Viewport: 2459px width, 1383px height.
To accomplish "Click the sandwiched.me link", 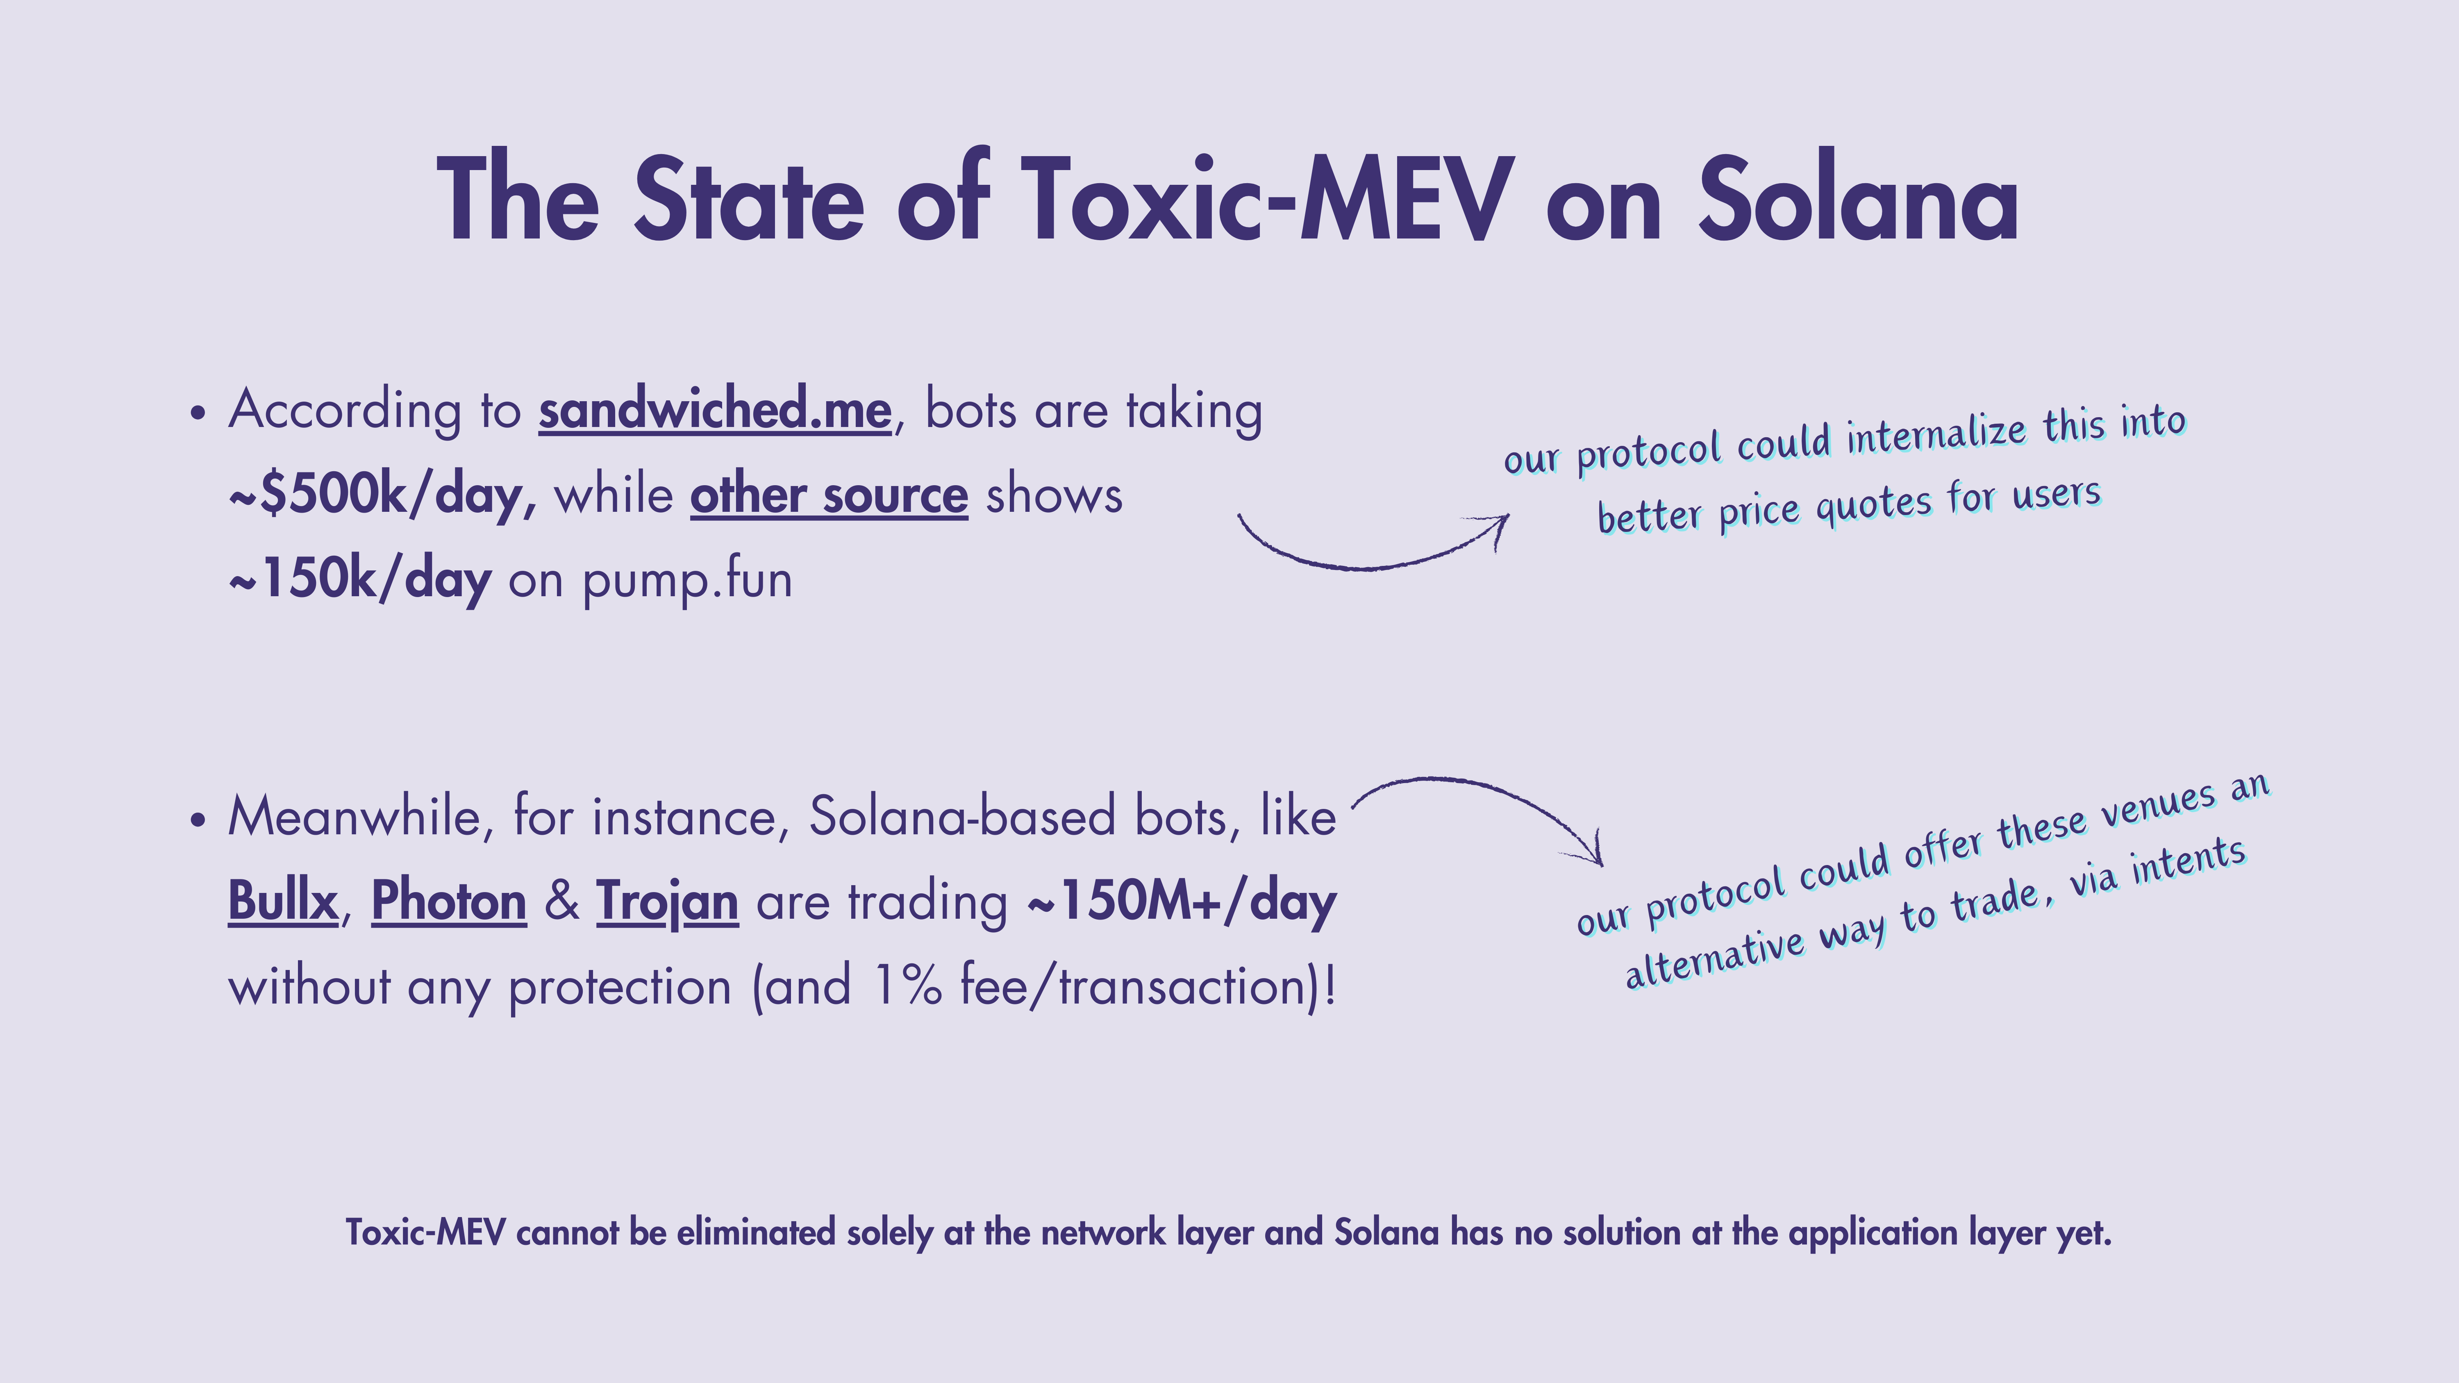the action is point(715,411).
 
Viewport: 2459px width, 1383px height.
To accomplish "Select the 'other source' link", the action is point(829,495).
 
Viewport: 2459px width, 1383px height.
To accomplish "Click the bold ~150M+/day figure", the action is point(1182,902).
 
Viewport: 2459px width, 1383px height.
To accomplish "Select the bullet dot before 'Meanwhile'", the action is point(198,821).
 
